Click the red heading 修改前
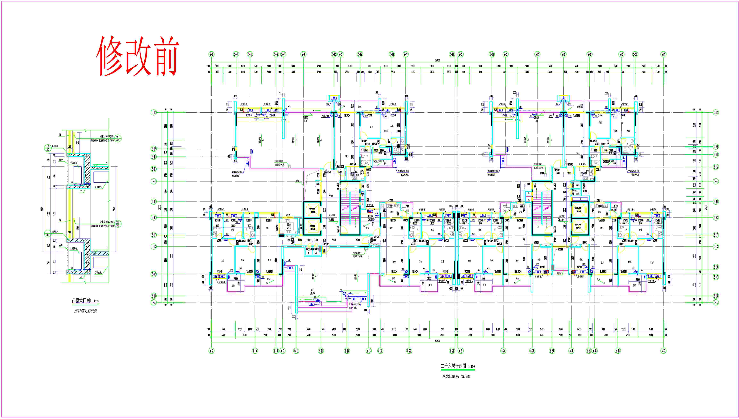click(138, 56)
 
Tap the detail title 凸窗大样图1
click(82, 301)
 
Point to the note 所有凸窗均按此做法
click(86, 311)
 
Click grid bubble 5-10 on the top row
click(303, 54)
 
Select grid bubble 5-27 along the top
click(537, 54)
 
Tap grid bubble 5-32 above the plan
click(590, 54)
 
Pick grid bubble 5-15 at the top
click(360, 54)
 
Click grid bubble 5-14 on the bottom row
click(347, 350)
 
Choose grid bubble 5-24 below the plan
click(503, 350)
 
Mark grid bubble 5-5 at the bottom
click(255, 350)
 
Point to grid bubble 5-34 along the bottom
click(618, 350)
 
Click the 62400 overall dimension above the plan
click(437, 60)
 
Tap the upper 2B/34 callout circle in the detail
click(117, 138)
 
